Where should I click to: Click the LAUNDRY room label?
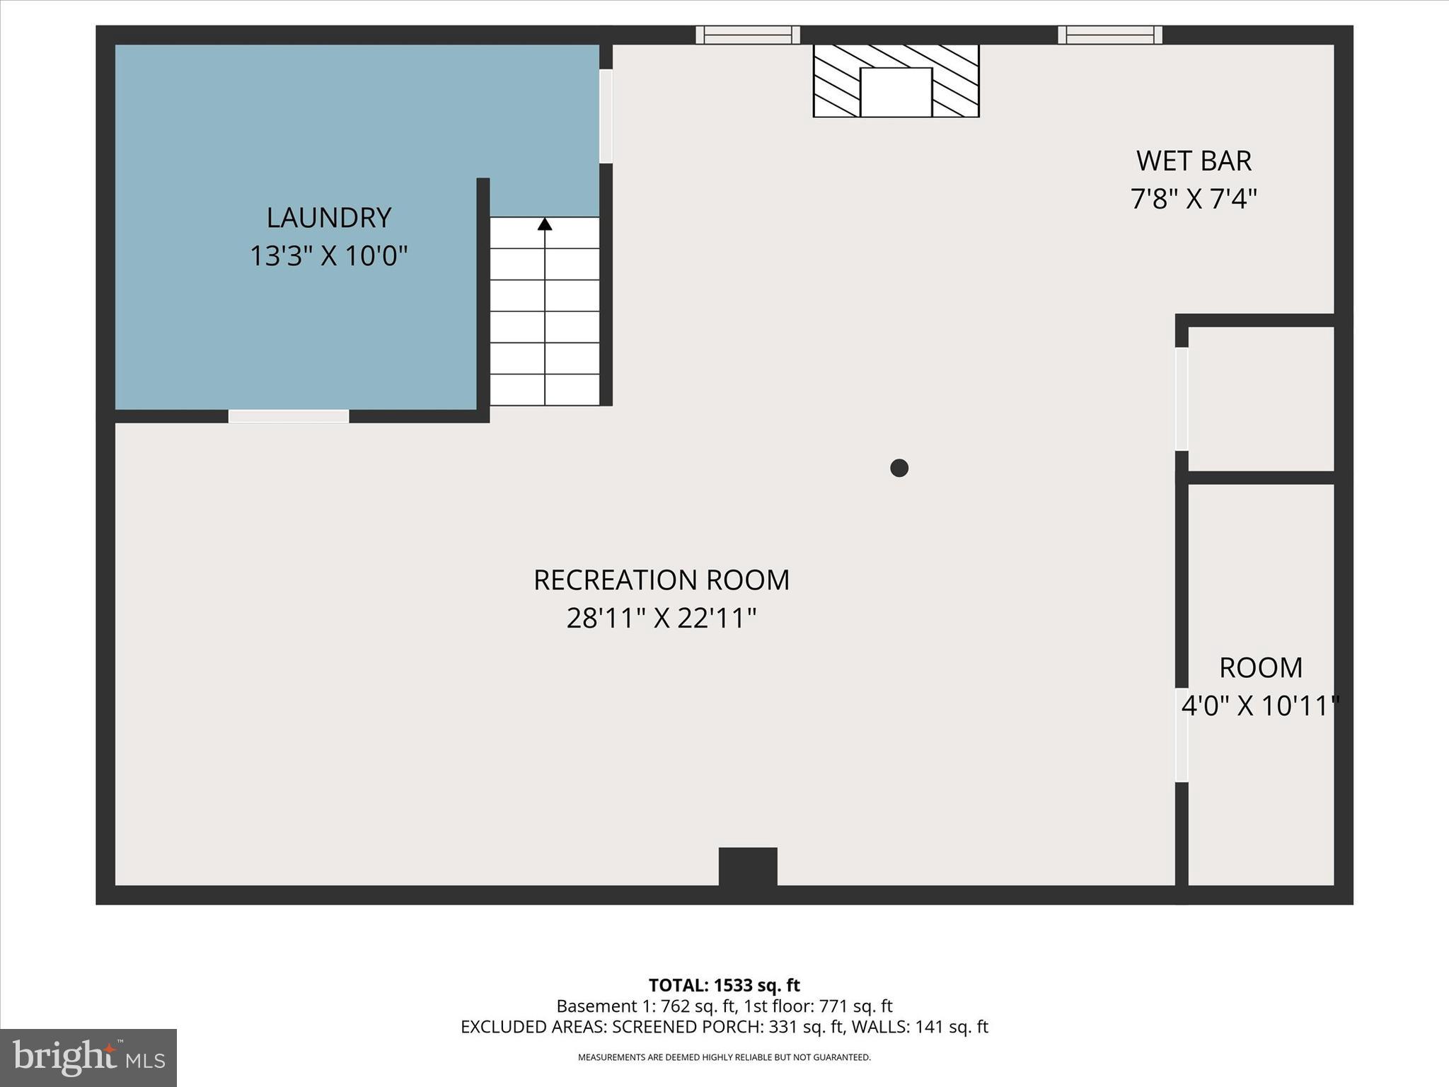point(328,218)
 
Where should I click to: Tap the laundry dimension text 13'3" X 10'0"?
point(328,256)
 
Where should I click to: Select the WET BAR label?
point(1194,161)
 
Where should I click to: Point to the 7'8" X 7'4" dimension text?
point(1194,200)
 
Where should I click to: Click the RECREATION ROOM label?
point(661,580)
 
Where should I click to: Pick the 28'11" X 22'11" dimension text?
point(661,619)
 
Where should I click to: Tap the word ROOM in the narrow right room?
point(1260,668)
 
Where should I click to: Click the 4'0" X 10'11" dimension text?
point(1260,706)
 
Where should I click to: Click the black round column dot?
point(899,468)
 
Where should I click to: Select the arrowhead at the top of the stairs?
point(544,224)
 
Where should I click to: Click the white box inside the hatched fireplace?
point(896,92)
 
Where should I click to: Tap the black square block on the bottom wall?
point(748,866)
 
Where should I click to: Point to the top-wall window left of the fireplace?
point(747,35)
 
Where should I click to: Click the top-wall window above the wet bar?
point(1109,35)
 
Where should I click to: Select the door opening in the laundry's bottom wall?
point(288,416)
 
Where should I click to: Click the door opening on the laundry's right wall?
point(606,116)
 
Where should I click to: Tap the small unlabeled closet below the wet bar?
point(1260,398)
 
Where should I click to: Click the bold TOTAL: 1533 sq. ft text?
point(724,985)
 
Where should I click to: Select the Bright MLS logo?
point(88,1057)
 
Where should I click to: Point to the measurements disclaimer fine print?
point(724,1057)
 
